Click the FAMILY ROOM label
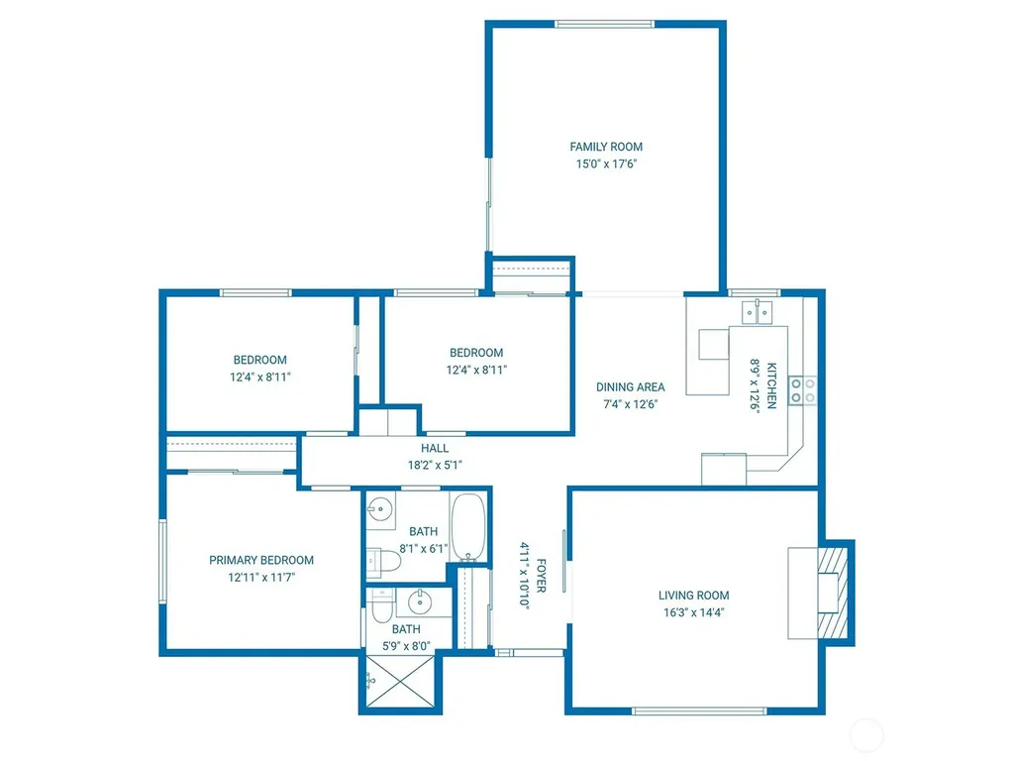point(606,147)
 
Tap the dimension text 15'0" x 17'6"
point(606,163)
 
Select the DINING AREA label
point(631,387)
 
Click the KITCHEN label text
point(771,385)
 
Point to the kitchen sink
point(757,312)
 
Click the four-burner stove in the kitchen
point(802,390)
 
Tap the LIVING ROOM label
point(693,596)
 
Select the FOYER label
point(542,576)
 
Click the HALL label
point(435,448)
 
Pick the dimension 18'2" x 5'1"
point(435,465)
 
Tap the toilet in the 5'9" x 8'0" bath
point(381,605)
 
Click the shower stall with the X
point(400,682)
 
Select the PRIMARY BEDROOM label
point(261,560)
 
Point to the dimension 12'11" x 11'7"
point(261,578)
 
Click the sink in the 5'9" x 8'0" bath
point(420,601)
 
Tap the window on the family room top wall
point(605,25)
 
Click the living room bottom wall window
point(699,711)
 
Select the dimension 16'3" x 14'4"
point(693,612)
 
